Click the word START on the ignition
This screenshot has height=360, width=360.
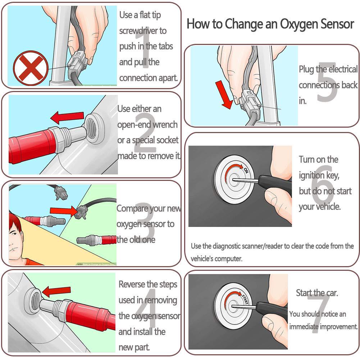tap(245, 299)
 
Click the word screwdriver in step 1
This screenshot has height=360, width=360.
tap(143, 31)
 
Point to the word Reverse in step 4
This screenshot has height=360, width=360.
tap(133, 284)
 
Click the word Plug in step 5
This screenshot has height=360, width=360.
tap(307, 69)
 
